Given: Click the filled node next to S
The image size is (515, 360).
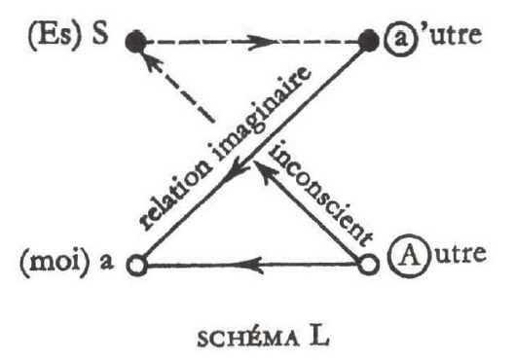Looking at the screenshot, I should tap(136, 42).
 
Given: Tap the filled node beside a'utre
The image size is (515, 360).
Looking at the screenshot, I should tap(368, 42).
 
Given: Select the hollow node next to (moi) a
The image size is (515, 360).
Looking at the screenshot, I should tap(137, 264).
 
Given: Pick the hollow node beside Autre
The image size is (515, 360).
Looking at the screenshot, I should tap(367, 264).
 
